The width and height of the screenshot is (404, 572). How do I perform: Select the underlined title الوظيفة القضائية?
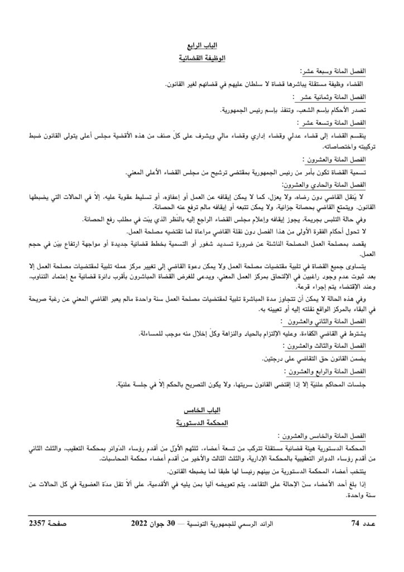[x=201, y=58]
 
